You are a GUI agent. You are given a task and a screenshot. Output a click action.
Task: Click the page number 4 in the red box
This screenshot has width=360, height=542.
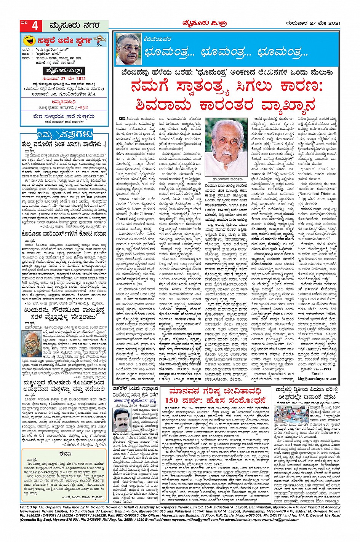(x=35, y=26)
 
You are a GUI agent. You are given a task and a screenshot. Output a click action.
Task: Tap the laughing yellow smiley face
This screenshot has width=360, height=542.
(x=29, y=40)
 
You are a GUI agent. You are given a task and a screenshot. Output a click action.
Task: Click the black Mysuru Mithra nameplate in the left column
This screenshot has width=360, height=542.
(x=64, y=71)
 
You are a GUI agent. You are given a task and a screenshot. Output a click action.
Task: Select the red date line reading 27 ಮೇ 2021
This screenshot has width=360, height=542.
(x=64, y=79)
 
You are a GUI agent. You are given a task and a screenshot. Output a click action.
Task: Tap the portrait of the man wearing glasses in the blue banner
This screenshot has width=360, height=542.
(x=128, y=48)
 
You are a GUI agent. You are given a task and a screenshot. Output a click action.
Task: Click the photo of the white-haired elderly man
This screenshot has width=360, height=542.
(x=226, y=142)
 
